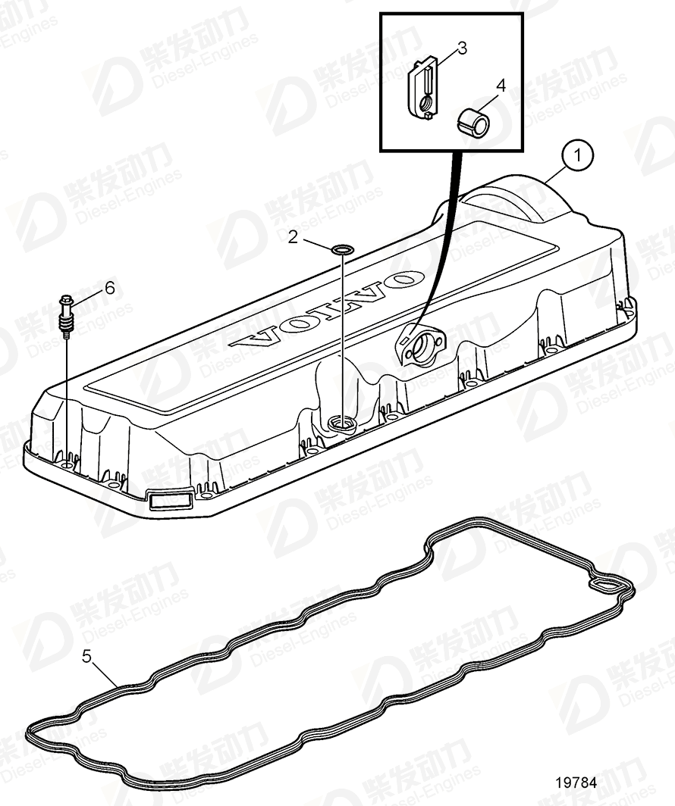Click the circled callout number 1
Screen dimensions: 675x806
pyautogui.click(x=577, y=155)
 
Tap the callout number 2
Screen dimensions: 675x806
pyautogui.click(x=293, y=238)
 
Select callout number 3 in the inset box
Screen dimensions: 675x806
pyautogui.click(x=462, y=48)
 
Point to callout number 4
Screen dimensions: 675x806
pyautogui.click(x=501, y=86)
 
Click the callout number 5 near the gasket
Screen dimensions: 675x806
pyautogui.click(x=87, y=657)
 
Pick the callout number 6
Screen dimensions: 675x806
pyautogui.click(x=110, y=288)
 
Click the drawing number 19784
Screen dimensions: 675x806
pyautogui.click(x=576, y=783)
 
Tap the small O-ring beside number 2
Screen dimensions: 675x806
pyautogui.click(x=342, y=250)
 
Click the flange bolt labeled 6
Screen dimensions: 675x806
pyautogui.click(x=66, y=316)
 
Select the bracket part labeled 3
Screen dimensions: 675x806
pyautogui.click(x=423, y=89)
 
